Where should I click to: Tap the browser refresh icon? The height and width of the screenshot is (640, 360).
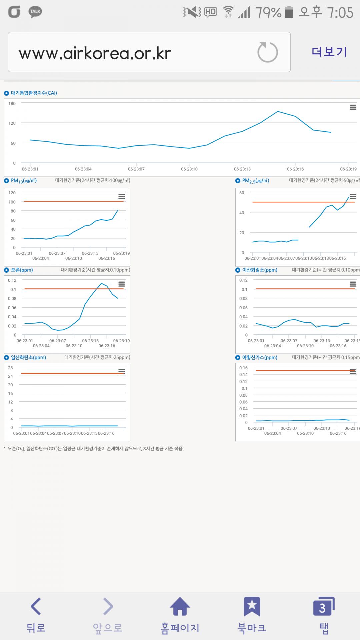click(267, 52)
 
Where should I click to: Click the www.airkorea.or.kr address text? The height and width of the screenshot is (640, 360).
click(95, 53)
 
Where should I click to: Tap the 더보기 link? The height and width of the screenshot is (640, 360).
click(329, 52)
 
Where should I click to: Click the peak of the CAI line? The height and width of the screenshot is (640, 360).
click(278, 111)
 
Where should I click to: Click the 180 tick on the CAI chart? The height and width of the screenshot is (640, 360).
click(12, 104)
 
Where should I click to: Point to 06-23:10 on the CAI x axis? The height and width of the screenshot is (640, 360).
click(189, 169)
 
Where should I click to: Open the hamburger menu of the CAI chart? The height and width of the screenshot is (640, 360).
click(353, 107)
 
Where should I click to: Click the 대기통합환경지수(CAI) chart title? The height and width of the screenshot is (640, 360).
click(34, 93)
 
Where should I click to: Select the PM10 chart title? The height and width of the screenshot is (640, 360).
click(24, 181)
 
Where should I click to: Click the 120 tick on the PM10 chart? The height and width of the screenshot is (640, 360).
click(12, 193)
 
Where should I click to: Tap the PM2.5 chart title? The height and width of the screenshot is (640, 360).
click(255, 181)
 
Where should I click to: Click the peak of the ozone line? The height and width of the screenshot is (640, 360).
click(101, 283)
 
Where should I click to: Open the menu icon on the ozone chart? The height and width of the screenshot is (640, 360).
click(122, 284)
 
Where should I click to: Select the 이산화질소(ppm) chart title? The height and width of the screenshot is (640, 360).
click(259, 270)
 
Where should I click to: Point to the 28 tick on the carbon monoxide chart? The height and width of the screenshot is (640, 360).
click(11, 368)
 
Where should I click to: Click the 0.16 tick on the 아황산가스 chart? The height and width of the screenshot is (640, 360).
click(243, 368)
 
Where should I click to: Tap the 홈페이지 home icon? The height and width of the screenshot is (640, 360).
click(180, 607)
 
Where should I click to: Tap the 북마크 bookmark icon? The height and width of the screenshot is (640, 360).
click(252, 607)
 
